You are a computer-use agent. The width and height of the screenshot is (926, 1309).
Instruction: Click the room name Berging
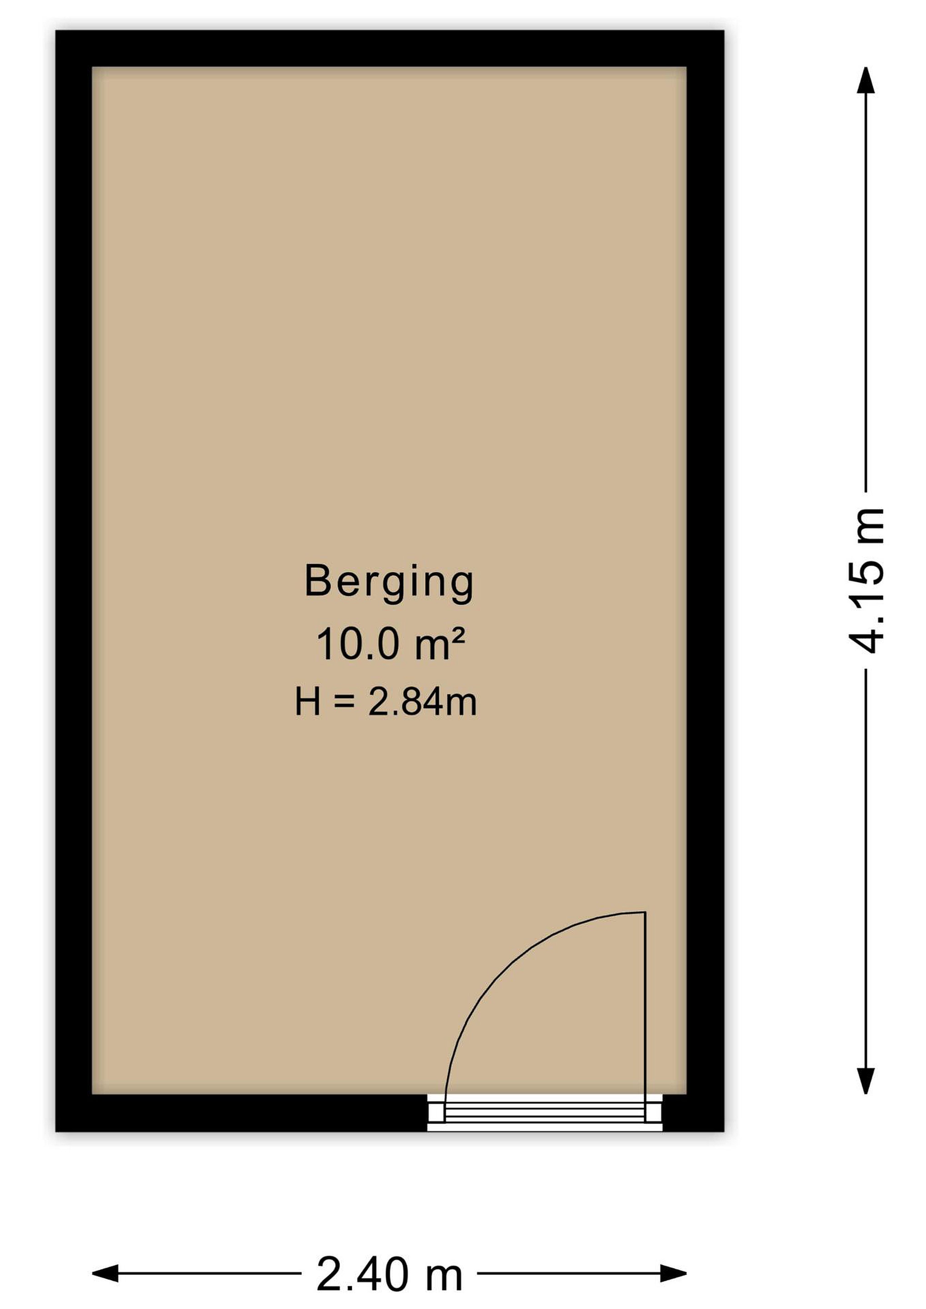click(x=390, y=583)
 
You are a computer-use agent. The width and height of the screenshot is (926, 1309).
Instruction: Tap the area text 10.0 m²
click(x=390, y=644)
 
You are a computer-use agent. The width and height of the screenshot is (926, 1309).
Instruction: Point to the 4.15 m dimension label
click(x=866, y=580)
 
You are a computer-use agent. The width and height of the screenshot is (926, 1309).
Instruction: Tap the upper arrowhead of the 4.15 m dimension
click(x=866, y=80)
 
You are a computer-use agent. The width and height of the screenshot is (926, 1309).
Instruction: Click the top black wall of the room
click(x=390, y=49)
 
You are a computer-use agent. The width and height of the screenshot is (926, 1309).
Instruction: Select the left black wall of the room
click(x=74, y=580)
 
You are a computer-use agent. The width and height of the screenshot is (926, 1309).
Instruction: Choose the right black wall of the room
click(x=706, y=580)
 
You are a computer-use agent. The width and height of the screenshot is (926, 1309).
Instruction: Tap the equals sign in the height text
click(x=345, y=702)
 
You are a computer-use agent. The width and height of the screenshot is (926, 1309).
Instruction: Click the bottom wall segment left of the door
click(x=242, y=1113)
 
